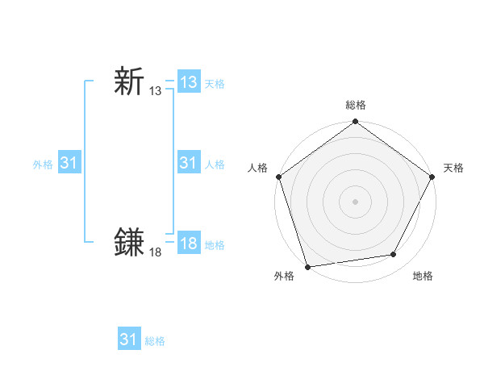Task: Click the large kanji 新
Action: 130,82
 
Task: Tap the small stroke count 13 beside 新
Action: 155,92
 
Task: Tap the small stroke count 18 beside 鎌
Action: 155,252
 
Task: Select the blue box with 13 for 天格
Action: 189,82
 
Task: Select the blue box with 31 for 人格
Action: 189,163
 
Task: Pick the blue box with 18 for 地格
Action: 189,244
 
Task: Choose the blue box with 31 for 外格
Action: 69,163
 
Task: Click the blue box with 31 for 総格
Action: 129,339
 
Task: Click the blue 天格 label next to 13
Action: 215,83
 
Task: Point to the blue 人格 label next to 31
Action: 215,164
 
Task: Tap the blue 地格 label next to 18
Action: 215,244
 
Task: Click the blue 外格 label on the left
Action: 43,164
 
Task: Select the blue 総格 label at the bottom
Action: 155,340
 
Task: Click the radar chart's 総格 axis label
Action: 356,105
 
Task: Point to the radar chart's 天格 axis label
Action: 453,168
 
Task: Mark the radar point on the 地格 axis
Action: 394,254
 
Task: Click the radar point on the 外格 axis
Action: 307,267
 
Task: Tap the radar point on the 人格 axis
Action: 278,177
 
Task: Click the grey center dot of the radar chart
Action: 356,202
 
